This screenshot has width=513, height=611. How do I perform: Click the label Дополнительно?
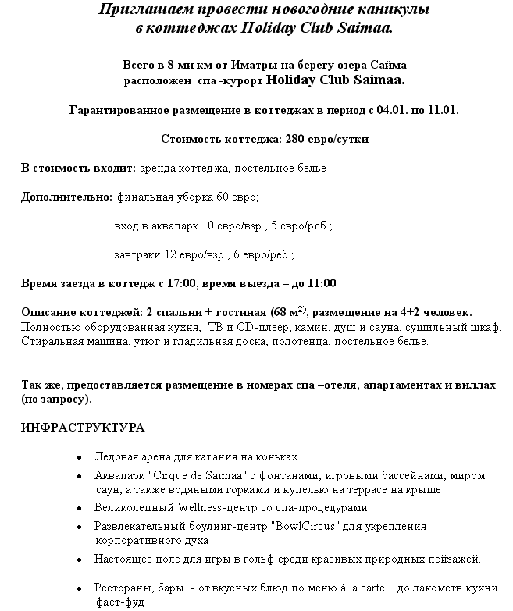(66, 197)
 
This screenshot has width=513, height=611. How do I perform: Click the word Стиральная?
(48, 341)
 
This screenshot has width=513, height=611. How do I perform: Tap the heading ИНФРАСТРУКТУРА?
(83, 428)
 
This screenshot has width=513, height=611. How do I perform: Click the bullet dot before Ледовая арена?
(80, 458)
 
